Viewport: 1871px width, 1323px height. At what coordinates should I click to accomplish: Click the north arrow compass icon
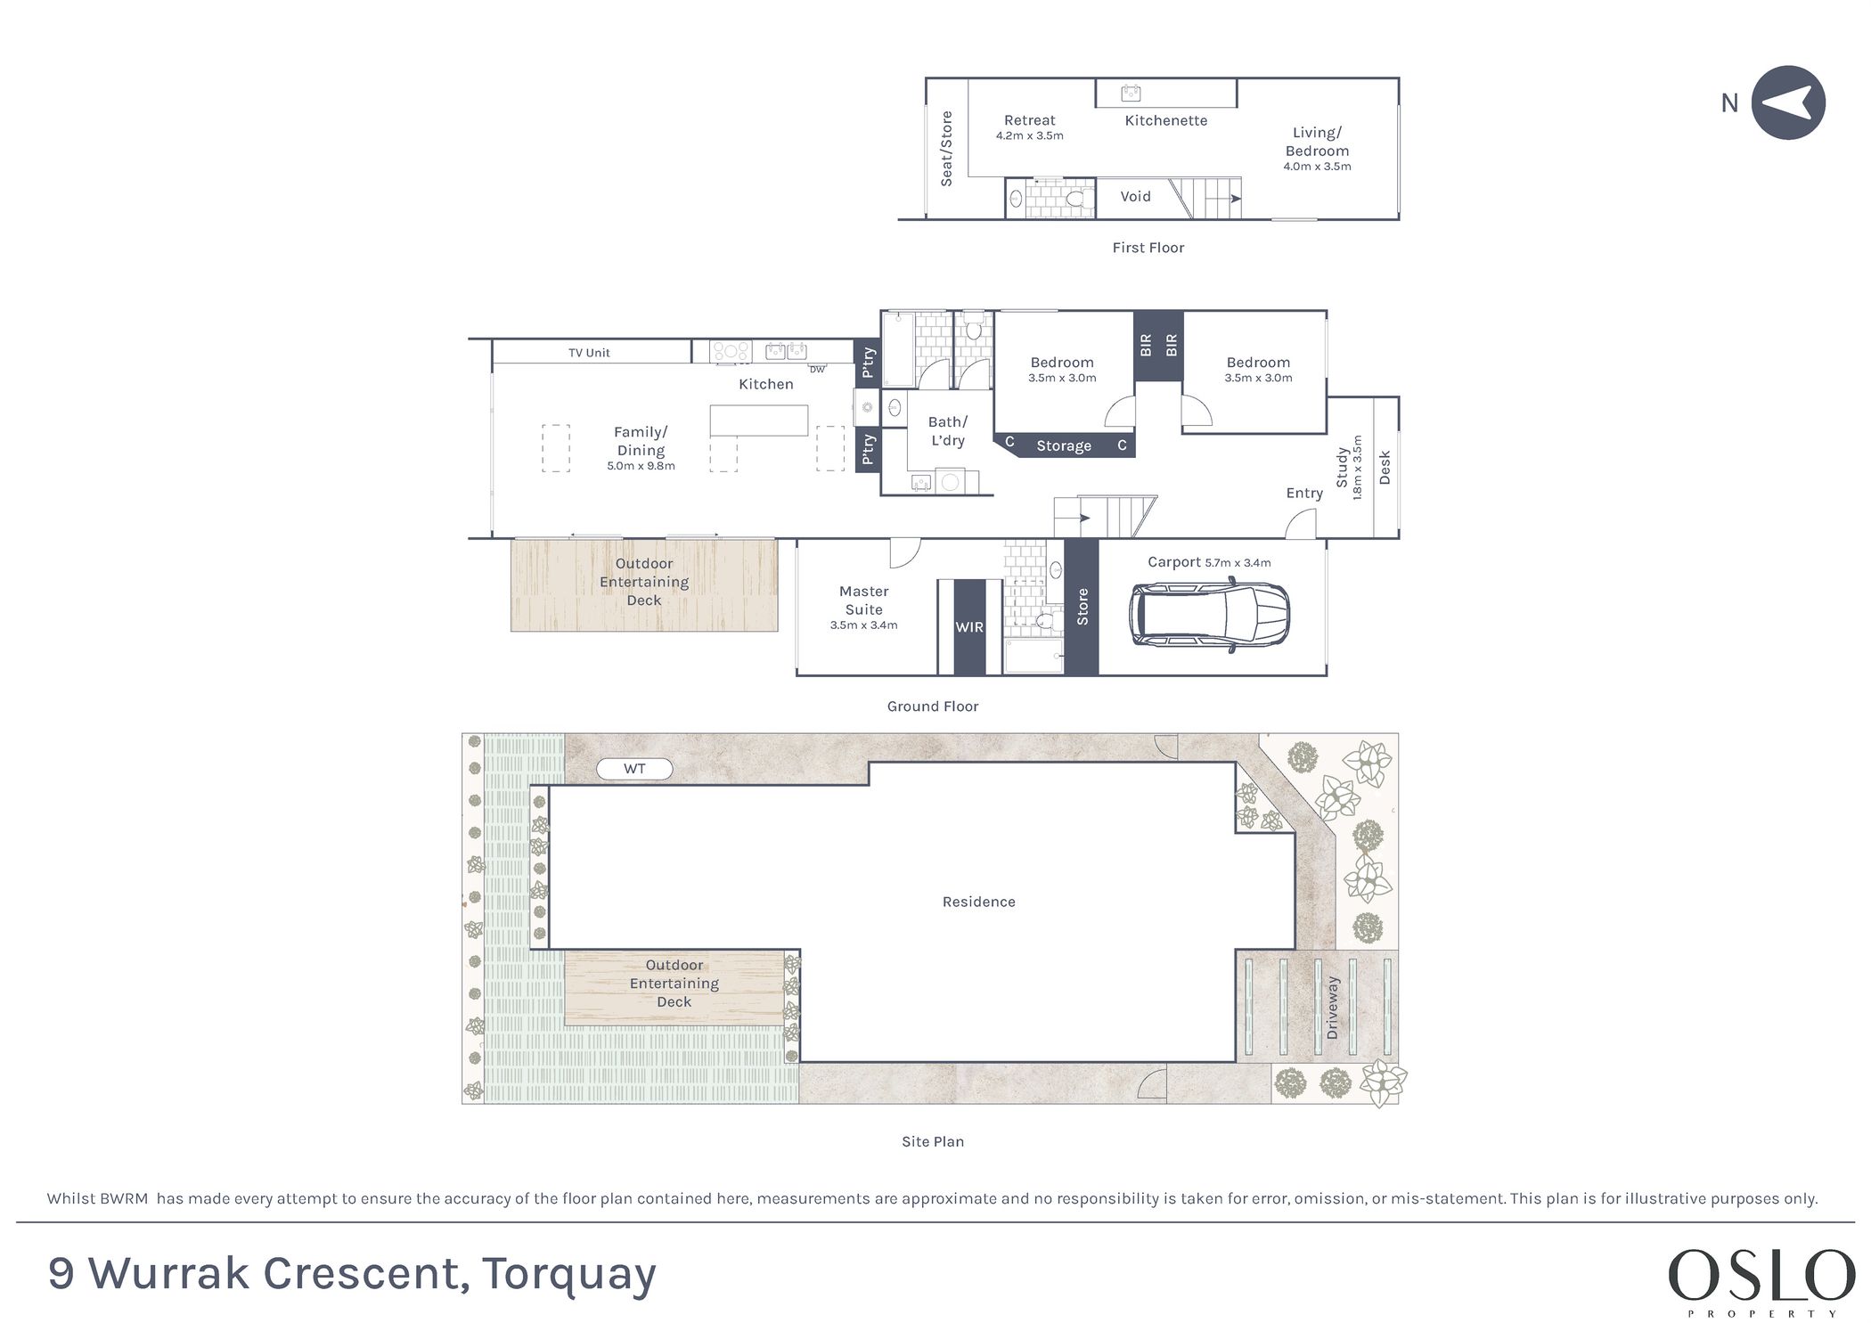(1787, 102)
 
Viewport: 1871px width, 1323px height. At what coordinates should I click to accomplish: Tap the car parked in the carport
(1209, 615)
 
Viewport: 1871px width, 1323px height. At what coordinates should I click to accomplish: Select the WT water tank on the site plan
(634, 769)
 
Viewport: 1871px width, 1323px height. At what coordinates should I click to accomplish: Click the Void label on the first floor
(1135, 197)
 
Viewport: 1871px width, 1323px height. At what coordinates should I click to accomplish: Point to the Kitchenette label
(1165, 120)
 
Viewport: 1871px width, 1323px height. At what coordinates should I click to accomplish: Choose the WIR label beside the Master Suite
(969, 627)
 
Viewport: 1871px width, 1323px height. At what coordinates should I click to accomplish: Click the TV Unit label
(589, 353)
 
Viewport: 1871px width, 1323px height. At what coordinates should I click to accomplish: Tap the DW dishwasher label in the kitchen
(817, 369)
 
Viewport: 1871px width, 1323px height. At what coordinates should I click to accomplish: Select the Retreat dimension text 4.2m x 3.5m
(1029, 136)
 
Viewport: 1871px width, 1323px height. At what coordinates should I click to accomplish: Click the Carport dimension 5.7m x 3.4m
(1238, 563)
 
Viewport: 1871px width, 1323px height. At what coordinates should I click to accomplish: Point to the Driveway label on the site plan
(1332, 1008)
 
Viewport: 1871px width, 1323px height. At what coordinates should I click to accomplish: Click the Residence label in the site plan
(978, 902)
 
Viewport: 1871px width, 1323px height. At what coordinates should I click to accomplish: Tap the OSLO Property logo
(1761, 1284)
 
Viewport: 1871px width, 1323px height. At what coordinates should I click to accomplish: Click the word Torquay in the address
(569, 1275)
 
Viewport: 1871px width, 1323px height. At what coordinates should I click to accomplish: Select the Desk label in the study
(1385, 468)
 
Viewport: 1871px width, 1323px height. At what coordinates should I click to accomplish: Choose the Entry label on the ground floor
(1304, 494)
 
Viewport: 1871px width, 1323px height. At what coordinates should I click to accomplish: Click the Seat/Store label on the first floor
(946, 149)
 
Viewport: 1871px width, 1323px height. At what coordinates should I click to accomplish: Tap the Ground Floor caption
(933, 706)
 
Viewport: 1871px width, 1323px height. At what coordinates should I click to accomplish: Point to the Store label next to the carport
(1083, 607)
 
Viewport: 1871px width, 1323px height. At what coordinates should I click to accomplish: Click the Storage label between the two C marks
(1064, 446)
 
